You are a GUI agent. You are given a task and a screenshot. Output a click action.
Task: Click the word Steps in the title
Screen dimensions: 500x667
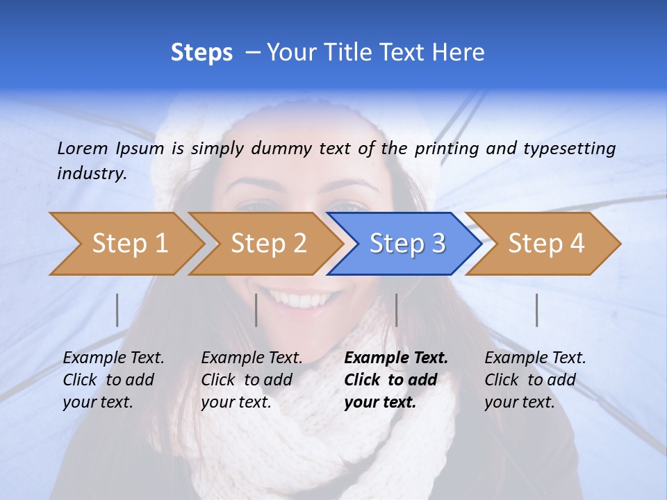click(x=201, y=53)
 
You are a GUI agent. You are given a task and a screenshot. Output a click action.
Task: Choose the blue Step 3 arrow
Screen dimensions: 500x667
click(x=405, y=244)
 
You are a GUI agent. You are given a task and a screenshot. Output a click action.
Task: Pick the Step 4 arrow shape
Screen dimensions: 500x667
click(x=544, y=244)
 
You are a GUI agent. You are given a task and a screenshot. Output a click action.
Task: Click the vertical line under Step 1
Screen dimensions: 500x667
click(x=117, y=310)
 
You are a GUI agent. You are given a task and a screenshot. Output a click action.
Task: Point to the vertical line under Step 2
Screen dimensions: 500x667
click(x=256, y=310)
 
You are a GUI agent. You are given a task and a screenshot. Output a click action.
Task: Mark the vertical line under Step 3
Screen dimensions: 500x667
click(x=397, y=310)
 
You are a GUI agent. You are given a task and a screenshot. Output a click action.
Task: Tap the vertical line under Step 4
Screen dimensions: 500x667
click(x=537, y=310)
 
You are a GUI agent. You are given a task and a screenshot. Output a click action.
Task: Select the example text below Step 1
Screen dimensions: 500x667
click(x=113, y=380)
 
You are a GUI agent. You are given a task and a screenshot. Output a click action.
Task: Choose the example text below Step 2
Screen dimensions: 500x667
click(x=252, y=380)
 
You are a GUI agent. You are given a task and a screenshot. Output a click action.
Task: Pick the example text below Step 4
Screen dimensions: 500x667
click(x=535, y=380)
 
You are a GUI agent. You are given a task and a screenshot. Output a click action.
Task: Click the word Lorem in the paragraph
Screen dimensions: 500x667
click(x=83, y=148)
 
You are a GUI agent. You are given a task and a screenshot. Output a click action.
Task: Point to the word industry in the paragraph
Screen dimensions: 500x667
click(x=91, y=174)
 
